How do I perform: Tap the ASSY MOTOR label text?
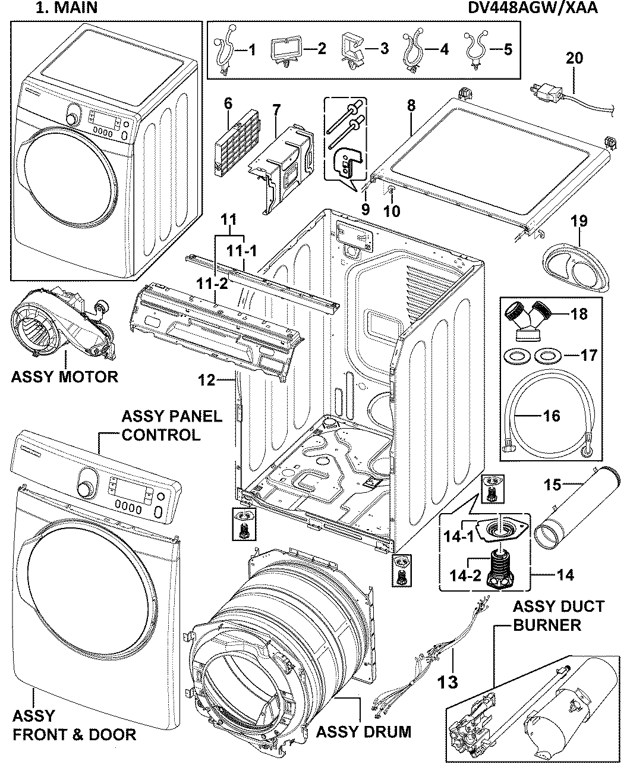(64, 376)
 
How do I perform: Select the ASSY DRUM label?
(363, 731)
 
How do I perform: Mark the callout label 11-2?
(212, 284)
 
